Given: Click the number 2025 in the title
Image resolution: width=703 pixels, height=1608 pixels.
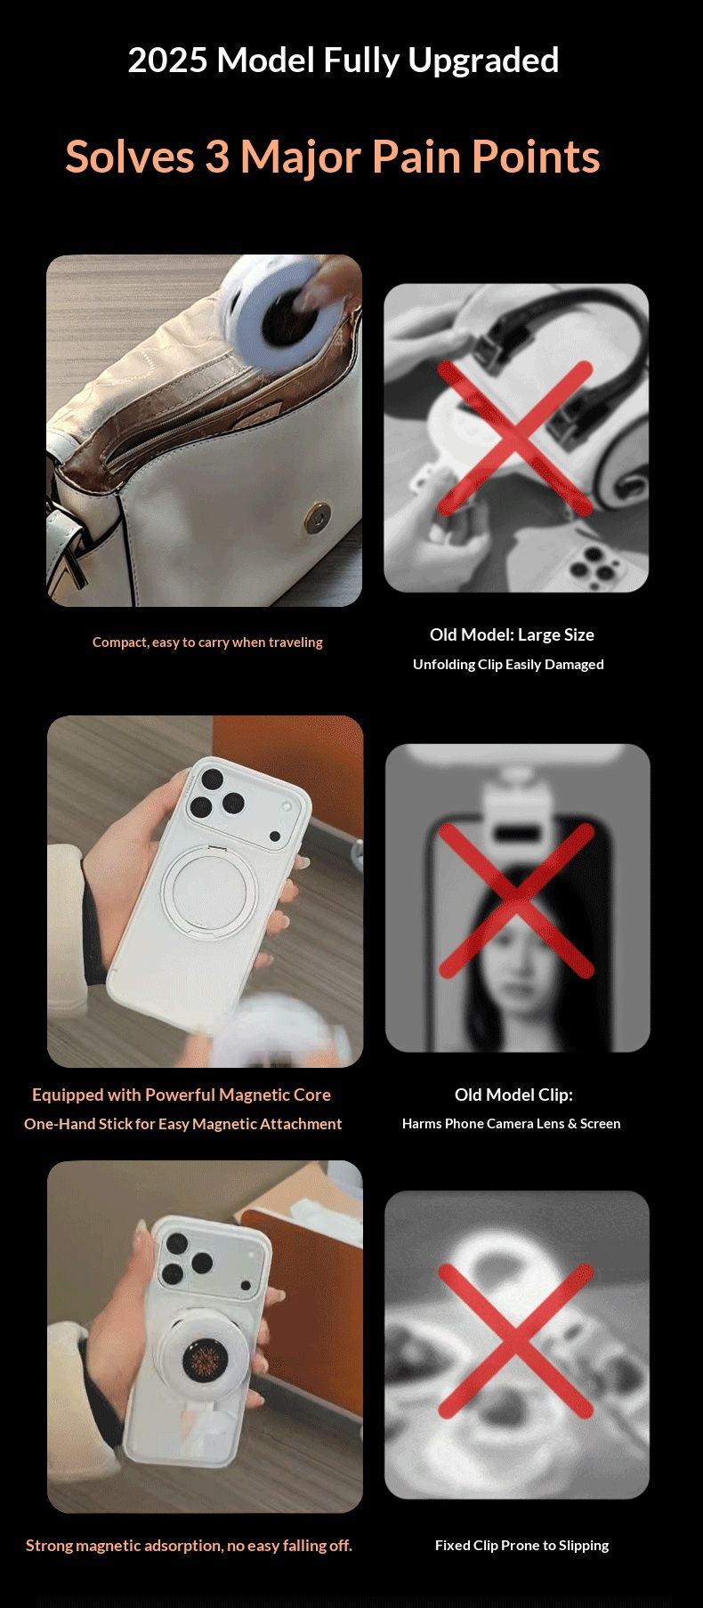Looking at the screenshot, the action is (x=168, y=61).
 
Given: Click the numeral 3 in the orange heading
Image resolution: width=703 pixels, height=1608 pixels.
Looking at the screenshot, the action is (x=217, y=157).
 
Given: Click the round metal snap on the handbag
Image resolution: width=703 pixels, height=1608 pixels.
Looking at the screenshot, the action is (x=316, y=515).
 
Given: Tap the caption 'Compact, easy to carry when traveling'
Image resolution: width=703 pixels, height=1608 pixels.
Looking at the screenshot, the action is (x=207, y=642).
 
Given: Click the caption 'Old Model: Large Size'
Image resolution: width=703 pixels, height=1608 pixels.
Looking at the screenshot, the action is (x=512, y=634).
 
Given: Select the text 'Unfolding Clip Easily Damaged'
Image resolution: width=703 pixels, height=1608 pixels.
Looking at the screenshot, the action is (x=508, y=664).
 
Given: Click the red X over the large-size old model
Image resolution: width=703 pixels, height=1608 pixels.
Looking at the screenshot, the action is (x=515, y=438).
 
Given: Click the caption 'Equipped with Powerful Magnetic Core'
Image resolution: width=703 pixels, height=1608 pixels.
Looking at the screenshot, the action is (x=182, y=1095).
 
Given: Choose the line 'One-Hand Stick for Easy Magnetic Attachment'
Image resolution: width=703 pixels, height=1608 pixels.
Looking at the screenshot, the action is (x=182, y=1124).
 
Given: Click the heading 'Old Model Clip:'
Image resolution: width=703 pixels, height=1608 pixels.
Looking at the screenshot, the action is (x=513, y=1095).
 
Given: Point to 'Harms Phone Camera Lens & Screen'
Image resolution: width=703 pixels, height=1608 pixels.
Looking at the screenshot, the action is (x=511, y=1124).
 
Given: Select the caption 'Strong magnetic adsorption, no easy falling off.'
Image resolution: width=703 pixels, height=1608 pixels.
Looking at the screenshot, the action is (x=189, y=1546).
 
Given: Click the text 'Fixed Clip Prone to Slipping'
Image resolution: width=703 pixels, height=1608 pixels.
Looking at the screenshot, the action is (x=521, y=1546).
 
